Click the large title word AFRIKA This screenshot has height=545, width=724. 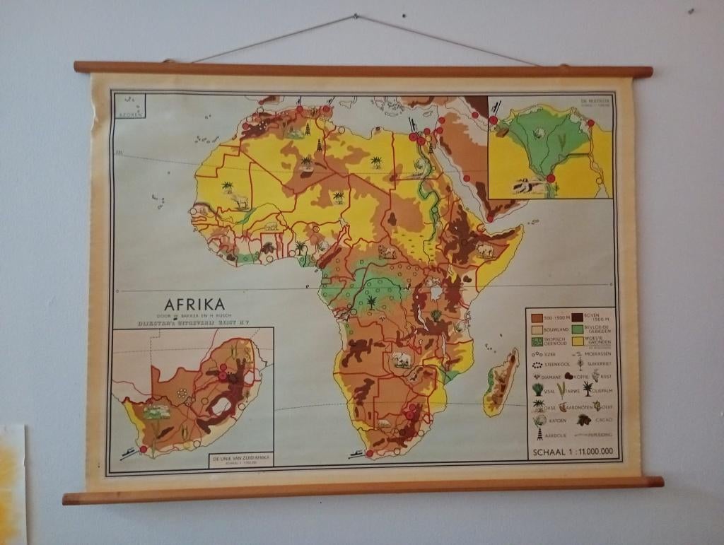coord(194,305)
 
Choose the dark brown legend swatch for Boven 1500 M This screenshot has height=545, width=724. coord(577,317)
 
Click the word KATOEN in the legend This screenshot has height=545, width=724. coord(557,421)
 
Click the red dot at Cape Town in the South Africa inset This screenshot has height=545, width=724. coord(144,449)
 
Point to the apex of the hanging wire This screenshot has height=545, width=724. coord(356,16)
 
